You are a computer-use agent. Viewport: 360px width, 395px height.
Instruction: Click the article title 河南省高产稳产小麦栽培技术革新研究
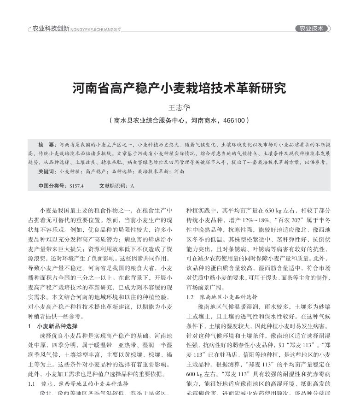(x=180, y=88)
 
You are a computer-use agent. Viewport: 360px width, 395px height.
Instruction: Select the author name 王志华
(x=180, y=108)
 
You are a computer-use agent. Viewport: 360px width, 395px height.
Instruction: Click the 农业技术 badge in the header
(x=312, y=29)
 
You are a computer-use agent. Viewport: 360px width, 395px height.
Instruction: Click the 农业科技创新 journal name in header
(x=51, y=29)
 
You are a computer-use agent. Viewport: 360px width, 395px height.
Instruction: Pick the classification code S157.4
(x=76, y=186)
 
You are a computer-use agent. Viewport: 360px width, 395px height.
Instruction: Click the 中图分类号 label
(x=52, y=186)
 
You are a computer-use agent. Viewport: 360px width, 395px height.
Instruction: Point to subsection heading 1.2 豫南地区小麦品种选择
(x=222, y=297)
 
